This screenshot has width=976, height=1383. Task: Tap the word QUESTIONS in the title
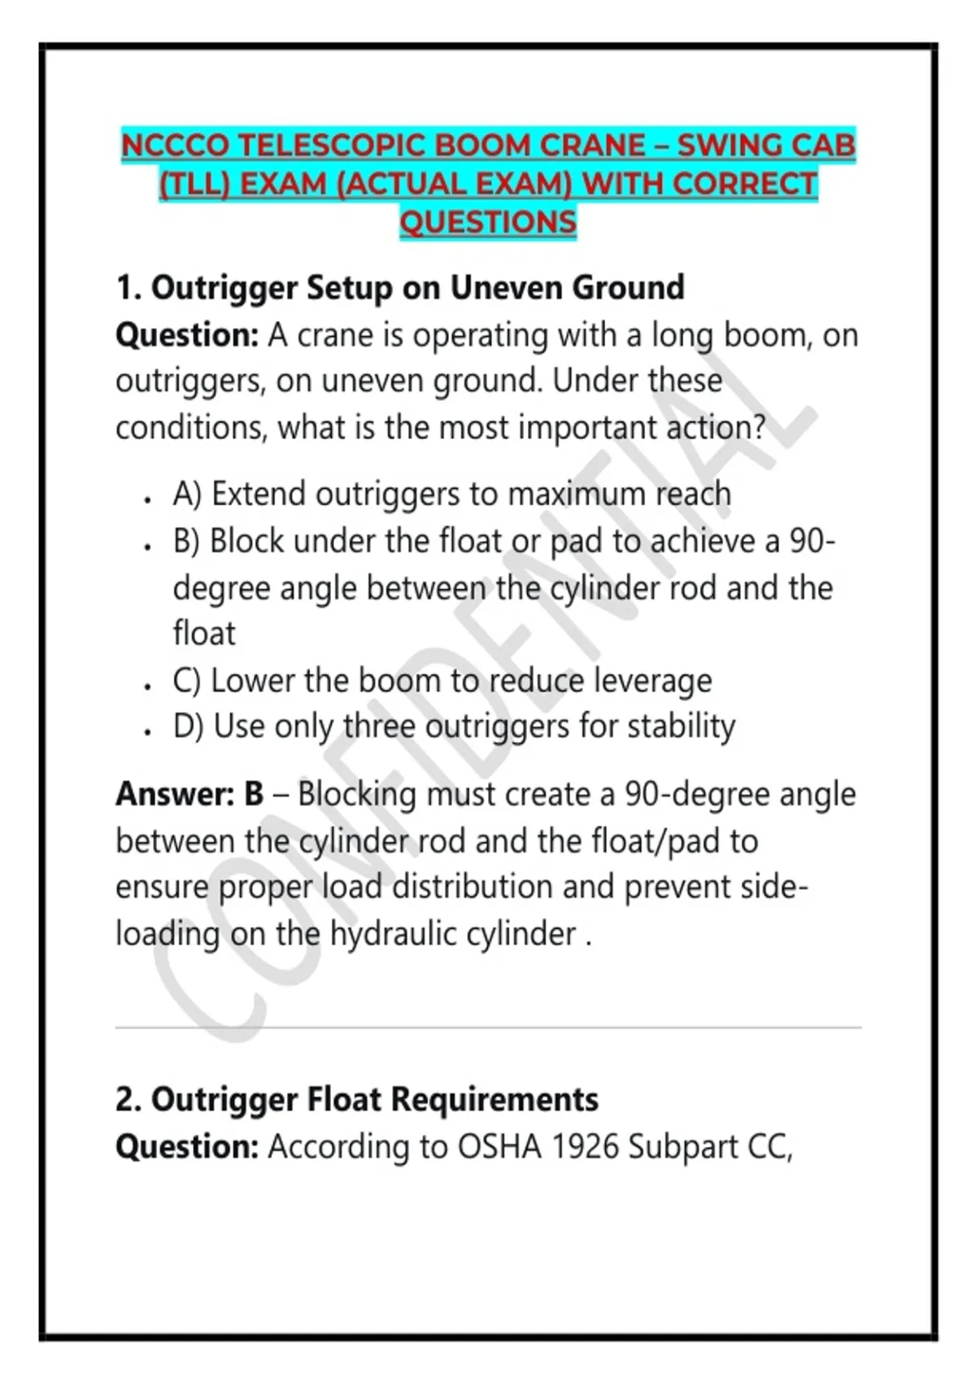(x=488, y=222)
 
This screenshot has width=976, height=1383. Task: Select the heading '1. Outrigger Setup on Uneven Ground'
(x=400, y=288)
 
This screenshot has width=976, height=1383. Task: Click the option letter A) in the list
(x=187, y=494)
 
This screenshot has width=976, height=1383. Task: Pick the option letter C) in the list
(x=187, y=680)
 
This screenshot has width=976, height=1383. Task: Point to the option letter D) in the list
(x=188, y=726)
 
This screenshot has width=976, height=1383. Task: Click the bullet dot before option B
(x=147, y=547)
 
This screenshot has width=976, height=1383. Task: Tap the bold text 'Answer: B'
(x=190, y=794)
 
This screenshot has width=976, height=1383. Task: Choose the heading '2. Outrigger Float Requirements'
(x=357, y=1100)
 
